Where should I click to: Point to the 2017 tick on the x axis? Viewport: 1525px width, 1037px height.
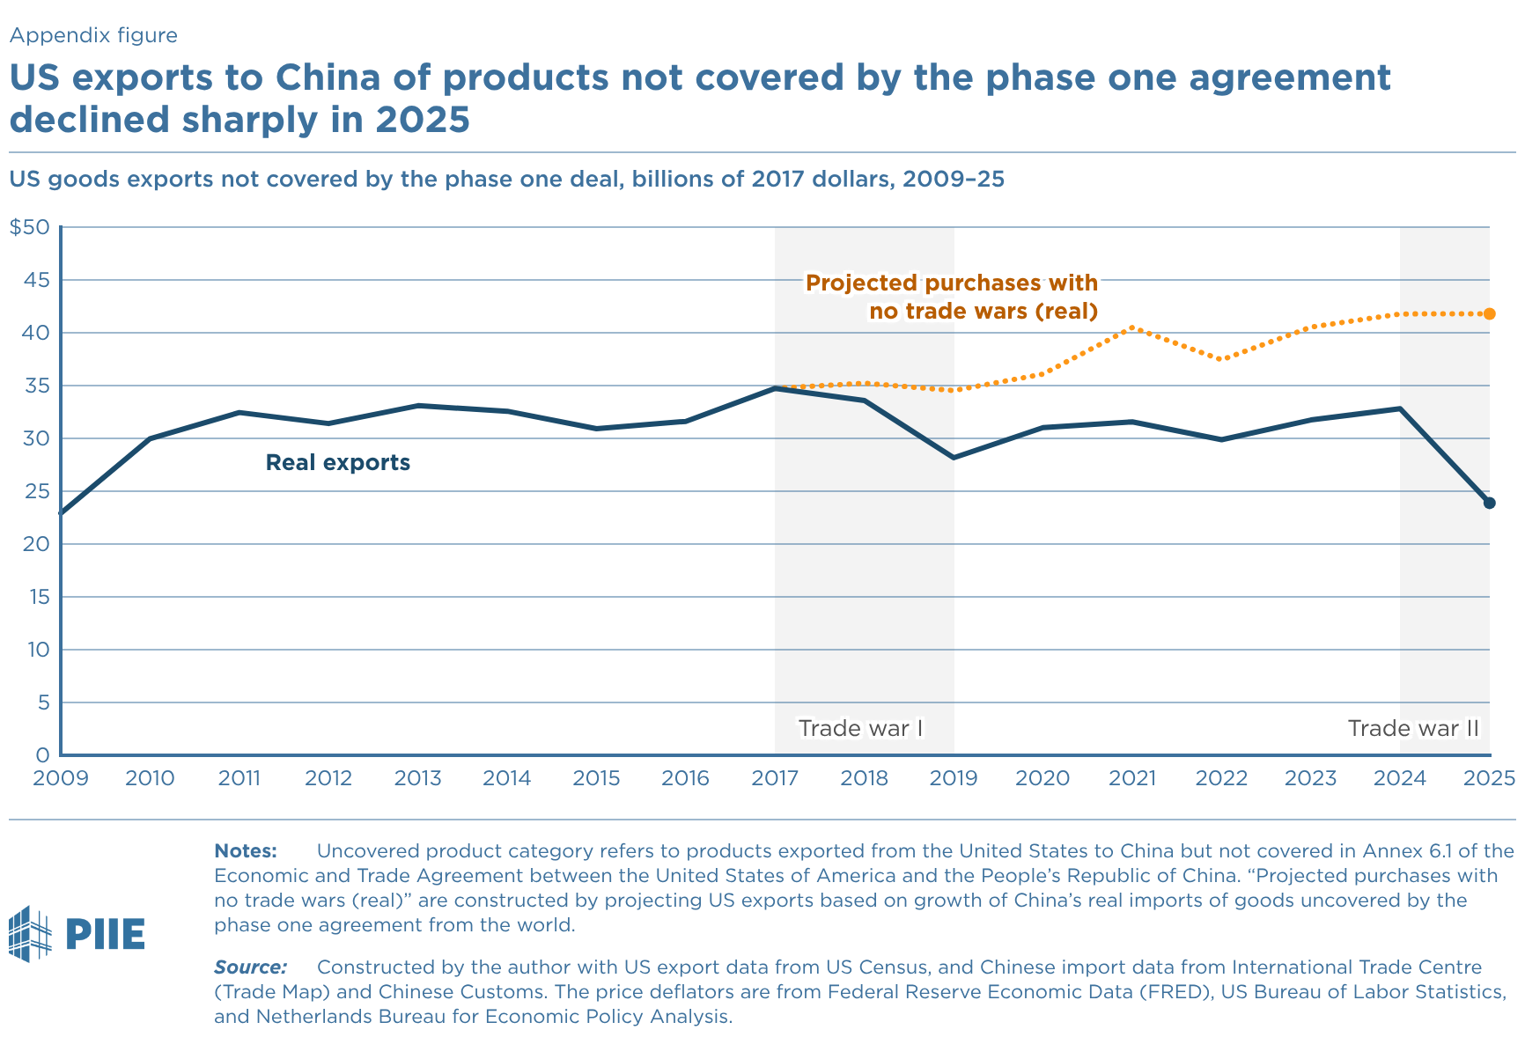[x=775, y=778]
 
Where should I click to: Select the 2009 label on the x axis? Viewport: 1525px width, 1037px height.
[x=59, y=778]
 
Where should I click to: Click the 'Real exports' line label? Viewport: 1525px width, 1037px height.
[x=338, y=463]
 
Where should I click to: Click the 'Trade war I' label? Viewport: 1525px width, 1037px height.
[x=860, y=729]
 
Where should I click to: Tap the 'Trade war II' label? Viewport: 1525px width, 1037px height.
[x=1413, y=729]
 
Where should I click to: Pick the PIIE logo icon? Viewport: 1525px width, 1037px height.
[x=31, y=933]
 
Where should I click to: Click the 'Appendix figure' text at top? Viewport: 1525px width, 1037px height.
[x=93, y=35]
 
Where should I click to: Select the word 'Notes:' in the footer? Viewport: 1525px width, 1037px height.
[x=246, y=851]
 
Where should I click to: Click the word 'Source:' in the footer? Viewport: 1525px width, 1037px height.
[x=250, y=967]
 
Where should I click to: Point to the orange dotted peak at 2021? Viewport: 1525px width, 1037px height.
[x=1132, y=327]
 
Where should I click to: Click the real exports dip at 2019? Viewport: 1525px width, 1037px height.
[x=954, y=458]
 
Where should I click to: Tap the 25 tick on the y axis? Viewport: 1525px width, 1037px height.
[x=39, y=491]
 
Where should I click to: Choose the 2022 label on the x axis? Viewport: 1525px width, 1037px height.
[x=1221, y=778]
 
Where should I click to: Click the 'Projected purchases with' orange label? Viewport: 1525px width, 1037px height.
[x=952, y=283]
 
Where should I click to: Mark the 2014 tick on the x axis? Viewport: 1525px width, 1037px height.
[x=507, y=778]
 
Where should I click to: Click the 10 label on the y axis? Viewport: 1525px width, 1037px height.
[x=39, y=650]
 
